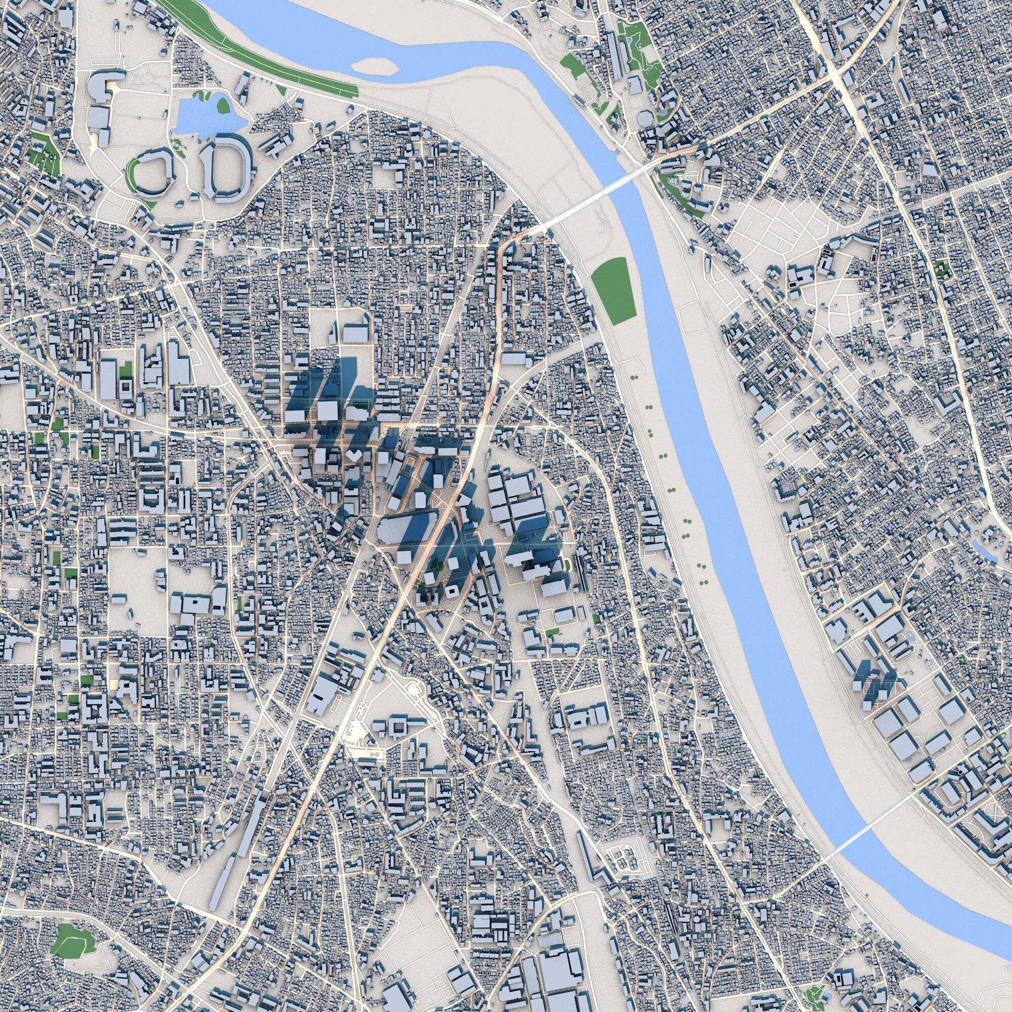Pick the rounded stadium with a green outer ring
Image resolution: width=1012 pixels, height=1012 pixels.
(x=151, y=173)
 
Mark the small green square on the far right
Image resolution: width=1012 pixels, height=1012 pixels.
(x=941, y=269)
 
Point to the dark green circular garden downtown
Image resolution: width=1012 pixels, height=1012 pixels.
(x=437, y=565)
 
